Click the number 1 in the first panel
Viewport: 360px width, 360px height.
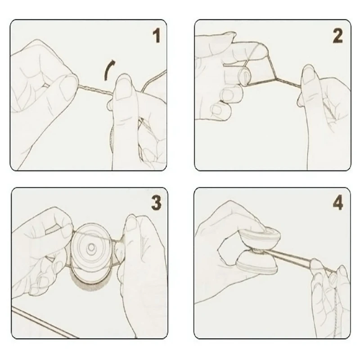point(156,36)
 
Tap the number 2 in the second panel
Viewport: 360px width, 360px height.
point(337,36)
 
